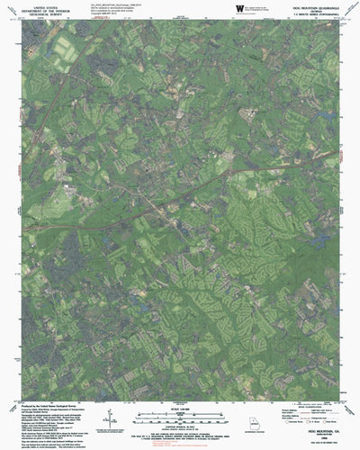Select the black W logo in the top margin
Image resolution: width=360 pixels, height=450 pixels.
[x=240, y=8]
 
